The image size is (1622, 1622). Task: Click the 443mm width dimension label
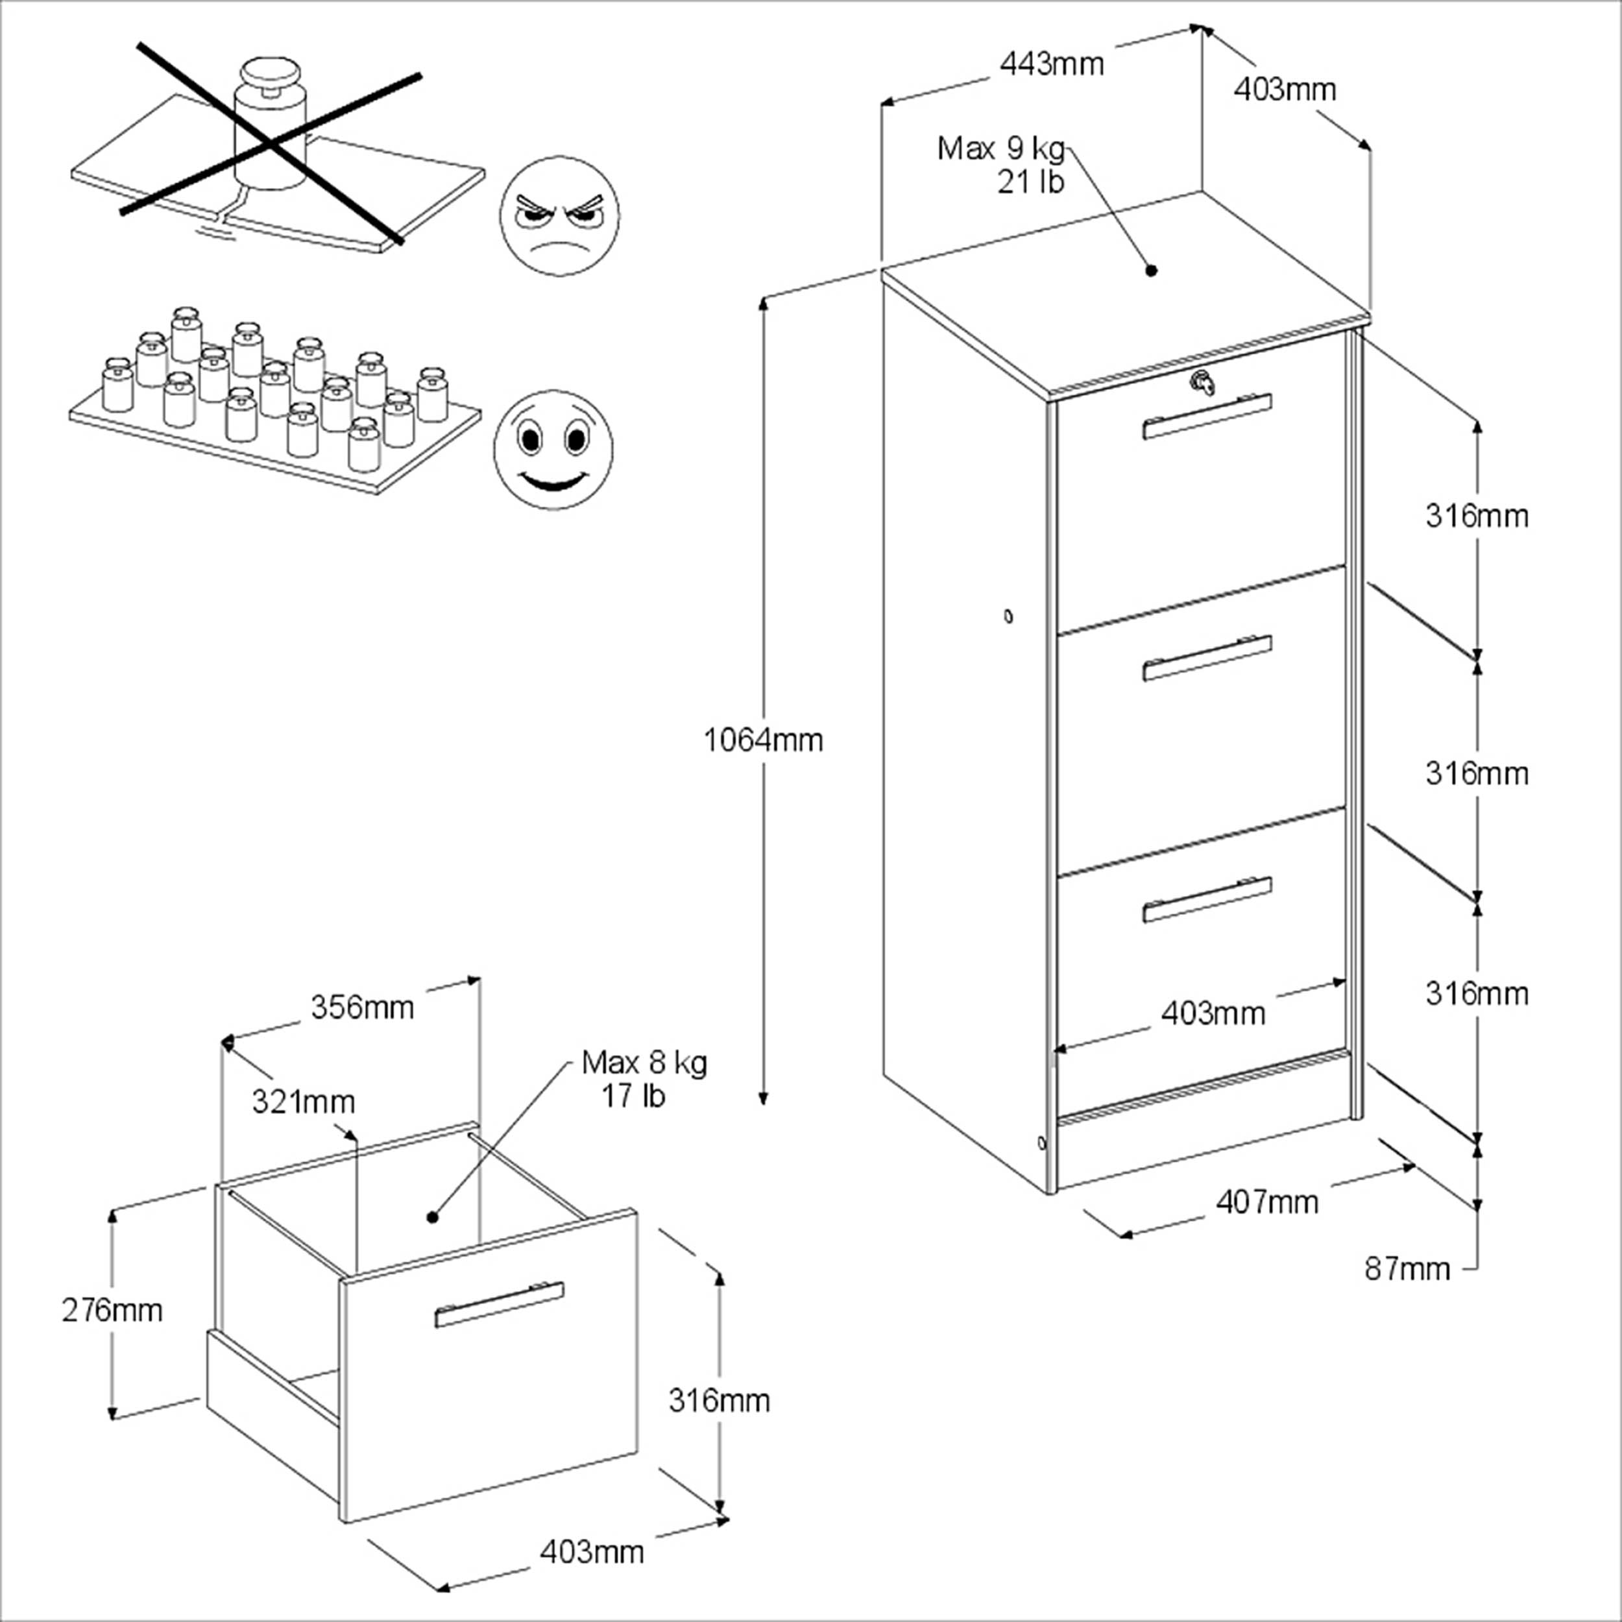tap(1051, 64)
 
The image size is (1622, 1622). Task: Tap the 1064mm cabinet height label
tap(762, 740)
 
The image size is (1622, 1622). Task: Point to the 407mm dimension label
tap(1267, 1202)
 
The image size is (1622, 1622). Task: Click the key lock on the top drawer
tap(1202, 383)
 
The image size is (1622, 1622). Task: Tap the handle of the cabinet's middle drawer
tap(1206, 657)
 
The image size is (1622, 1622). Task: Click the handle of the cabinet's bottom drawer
tap(1206, 899)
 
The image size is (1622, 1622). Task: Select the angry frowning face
tap(559, 215)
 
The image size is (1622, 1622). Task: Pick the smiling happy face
tap(553, 449)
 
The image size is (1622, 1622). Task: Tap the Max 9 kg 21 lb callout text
tap(1002, 165)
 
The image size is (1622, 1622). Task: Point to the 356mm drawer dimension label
tap(362, 1008)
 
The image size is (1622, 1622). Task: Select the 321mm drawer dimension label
tap(303, 1102)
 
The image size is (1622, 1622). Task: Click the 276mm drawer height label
tap(112, 1310)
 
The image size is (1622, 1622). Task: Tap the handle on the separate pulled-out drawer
tap(499, 1305)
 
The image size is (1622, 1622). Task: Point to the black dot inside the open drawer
tap(432, 1216)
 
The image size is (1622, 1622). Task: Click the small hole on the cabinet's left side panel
tap(1008, 616)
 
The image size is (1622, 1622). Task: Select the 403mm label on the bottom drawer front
tap(1213, 1013)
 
